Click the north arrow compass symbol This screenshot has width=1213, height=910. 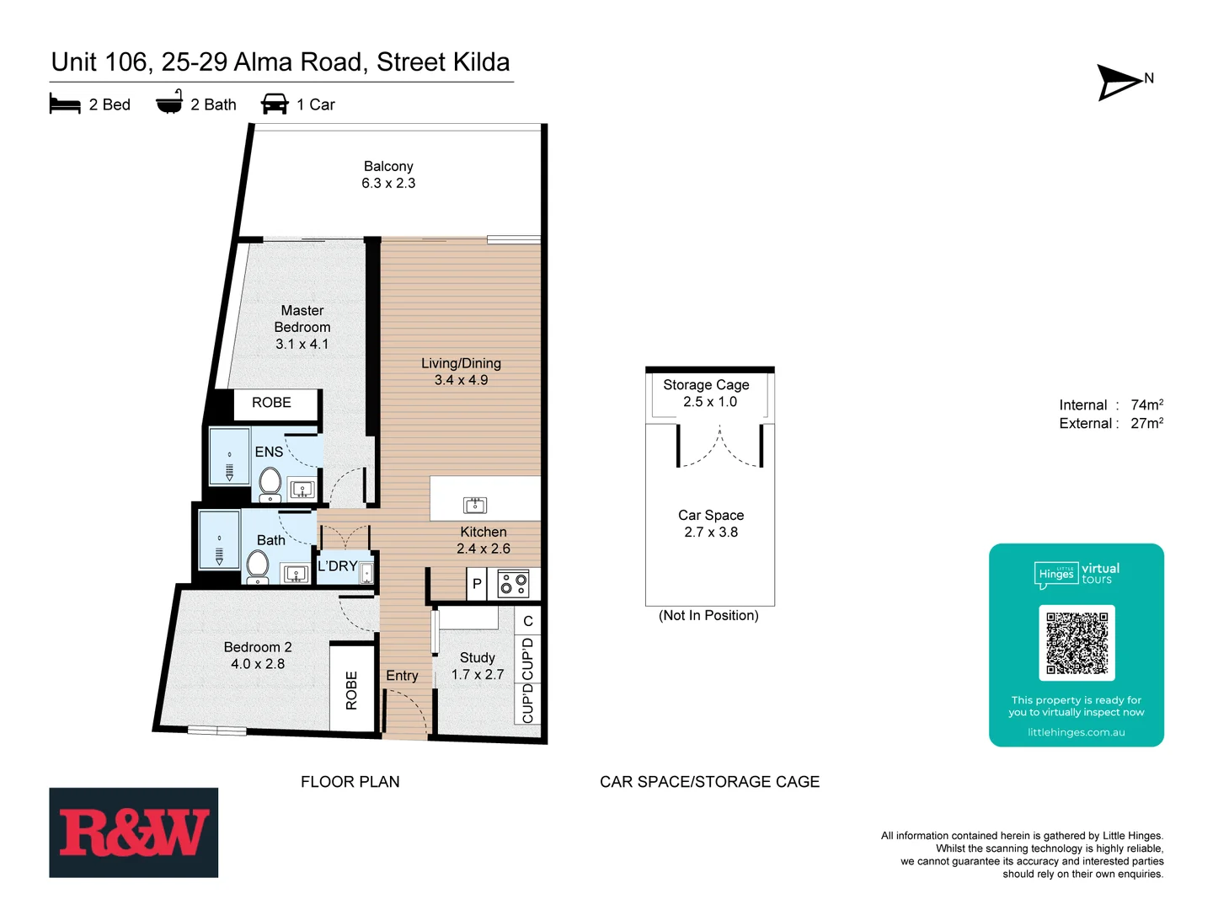[1120, 82]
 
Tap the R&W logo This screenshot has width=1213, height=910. [133, 832]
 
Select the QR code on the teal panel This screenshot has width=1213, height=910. [1077, 642]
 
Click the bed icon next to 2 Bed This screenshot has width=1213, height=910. [65, 104]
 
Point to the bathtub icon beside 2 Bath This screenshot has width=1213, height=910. [169, 103]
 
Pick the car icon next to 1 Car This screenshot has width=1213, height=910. [275, 104]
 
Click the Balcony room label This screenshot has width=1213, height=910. [388, 166]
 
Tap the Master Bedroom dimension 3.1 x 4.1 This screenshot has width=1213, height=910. [302, 344]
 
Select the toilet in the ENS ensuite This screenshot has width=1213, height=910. [270, 484]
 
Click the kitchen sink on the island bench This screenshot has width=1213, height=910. [475, 505]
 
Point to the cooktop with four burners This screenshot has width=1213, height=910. [513, 583]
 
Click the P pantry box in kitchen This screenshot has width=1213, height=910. [477, 583]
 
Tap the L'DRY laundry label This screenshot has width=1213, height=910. [337, 566]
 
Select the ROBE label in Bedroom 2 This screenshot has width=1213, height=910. [351, 689]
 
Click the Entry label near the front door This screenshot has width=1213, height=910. [402, 676]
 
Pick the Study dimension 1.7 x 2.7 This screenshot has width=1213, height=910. [478, 674]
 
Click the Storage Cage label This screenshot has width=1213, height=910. [706, 384]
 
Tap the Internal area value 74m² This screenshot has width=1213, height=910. [1146, 404]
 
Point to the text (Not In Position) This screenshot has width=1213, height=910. [708, 615]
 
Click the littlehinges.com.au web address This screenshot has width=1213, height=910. [1076, 732]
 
